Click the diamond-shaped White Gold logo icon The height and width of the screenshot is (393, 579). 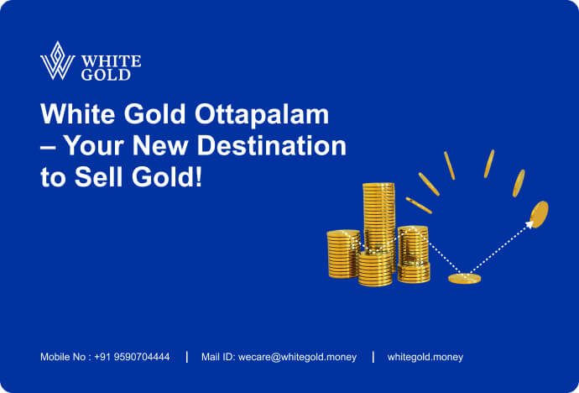(x=57, y=61)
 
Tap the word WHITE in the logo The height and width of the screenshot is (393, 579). (x=112, y=61)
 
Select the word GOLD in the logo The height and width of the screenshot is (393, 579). (x=106, y=75)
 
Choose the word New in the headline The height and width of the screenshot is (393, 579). (x=170, y=146)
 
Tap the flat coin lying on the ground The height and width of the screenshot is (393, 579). (x=464, y=278)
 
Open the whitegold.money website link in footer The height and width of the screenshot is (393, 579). (x=425, y=357)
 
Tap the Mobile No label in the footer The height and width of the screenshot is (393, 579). (x=65, y=357)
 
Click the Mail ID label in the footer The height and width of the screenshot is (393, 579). (x=219, y=357)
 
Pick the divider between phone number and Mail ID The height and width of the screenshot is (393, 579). (x=186, y=357)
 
